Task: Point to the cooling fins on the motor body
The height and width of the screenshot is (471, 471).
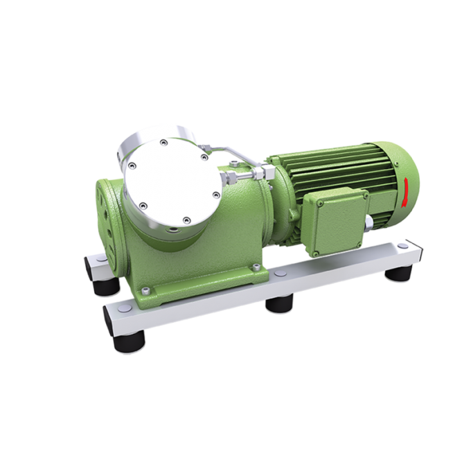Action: (332, 166)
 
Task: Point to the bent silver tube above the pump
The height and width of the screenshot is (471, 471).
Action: (220, 148)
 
